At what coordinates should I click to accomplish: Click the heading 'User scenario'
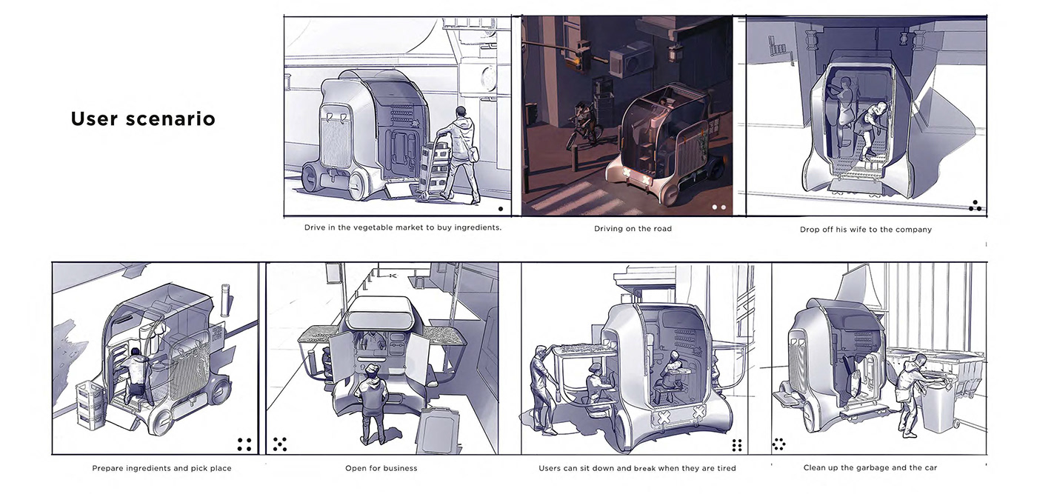[x=143, y=119]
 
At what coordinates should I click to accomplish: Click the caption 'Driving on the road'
[x=633, y=229]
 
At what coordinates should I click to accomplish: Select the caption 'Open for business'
[x=381, y=468]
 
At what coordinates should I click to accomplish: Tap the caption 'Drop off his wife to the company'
[x=865, y=230]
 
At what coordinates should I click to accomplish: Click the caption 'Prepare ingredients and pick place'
[x=161, y=468]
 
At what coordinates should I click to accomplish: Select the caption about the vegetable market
[x=403, y=227]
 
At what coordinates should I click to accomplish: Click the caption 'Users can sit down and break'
[x=637, y=468]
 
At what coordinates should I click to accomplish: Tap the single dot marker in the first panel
[x=501, y=209]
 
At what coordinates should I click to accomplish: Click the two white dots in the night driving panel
[x=719, y=207]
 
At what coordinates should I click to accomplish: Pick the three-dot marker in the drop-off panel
[x=976, y=206]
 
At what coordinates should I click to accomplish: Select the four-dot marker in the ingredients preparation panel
[x=244, y=444]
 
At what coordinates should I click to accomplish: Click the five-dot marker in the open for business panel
[x=280, y=444]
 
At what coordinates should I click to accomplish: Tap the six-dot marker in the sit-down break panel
[x=737, y=444]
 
